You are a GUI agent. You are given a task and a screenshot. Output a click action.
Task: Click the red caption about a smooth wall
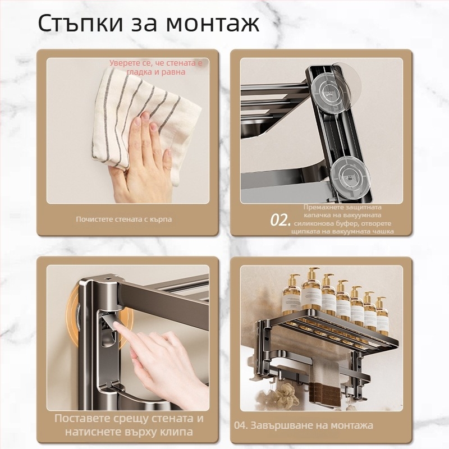click(155, 67)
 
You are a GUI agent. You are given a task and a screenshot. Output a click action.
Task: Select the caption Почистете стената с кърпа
click(124, 219)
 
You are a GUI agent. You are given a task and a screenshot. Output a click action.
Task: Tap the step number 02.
click(280, 219)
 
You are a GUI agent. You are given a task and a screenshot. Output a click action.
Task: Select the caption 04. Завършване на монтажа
click(303, 425)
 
